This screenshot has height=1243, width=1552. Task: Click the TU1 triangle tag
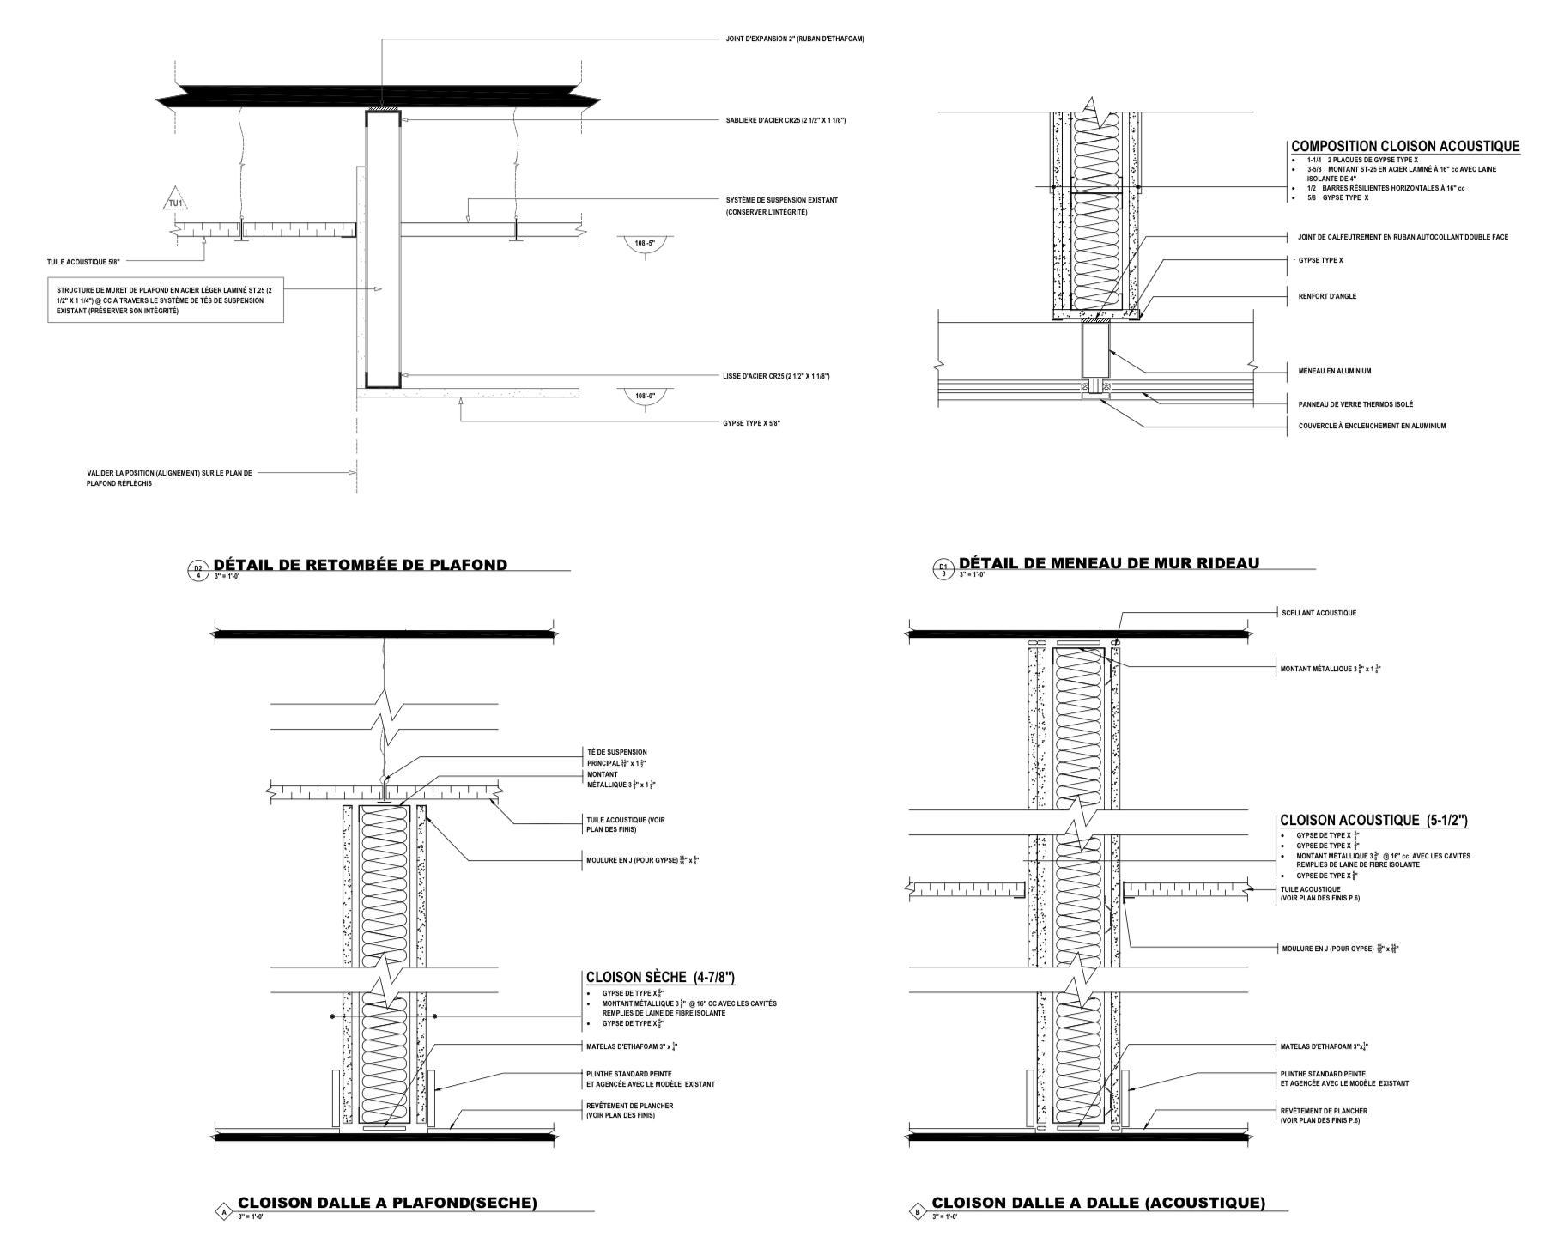pos(175,201)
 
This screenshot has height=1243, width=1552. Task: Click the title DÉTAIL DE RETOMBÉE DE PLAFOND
pos(360,565)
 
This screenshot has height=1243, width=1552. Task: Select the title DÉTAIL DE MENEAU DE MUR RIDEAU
pos(1108,563)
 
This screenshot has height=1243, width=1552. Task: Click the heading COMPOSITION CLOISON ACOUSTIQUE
pos(1405,147)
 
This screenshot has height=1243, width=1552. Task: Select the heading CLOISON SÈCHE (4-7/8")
pos(659,977)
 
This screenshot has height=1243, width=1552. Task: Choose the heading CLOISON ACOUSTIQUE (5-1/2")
pos(1373,821)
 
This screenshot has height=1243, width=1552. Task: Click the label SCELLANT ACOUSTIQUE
pos(1319,613)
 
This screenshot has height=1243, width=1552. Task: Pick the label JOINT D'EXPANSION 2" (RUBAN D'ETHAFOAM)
pos(795,39)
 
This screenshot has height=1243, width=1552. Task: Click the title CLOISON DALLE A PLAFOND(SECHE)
pos(387,1203)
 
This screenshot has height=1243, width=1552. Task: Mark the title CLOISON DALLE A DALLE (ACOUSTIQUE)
pos(1098,1203)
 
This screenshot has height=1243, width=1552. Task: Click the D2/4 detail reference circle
pos(197,570)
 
